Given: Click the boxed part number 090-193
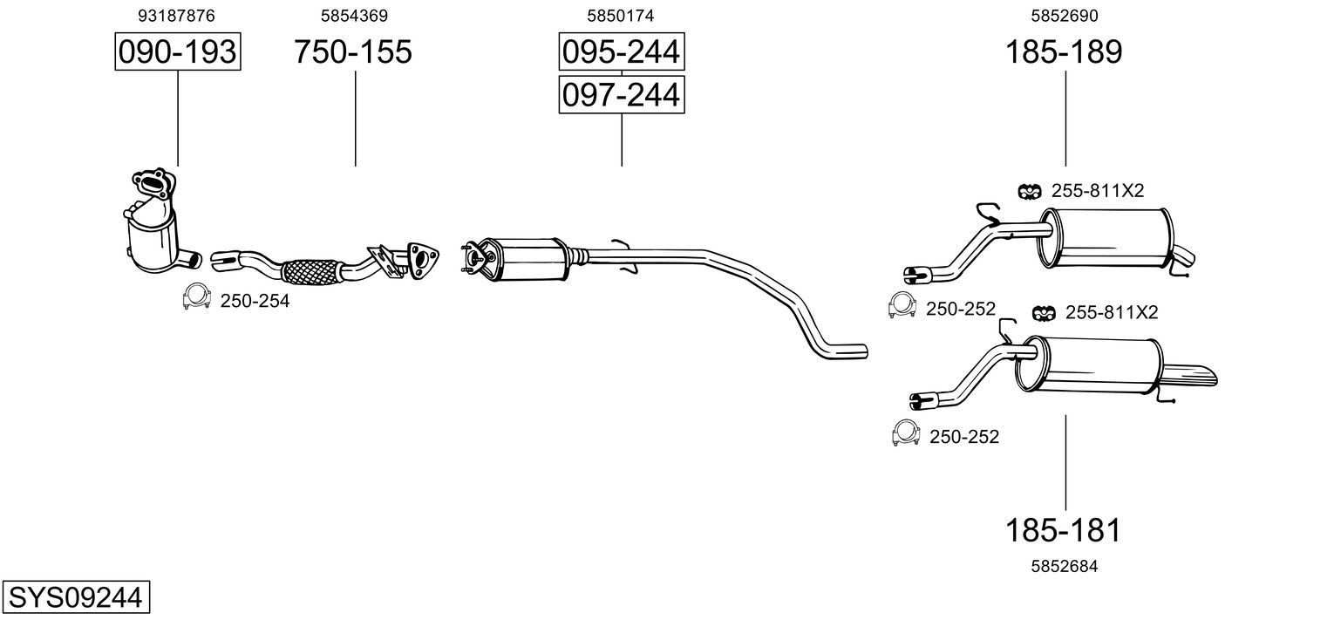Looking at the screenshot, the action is point(178,51).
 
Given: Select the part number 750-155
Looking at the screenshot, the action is point(352,51).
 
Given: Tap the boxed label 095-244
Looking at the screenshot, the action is point(621,51).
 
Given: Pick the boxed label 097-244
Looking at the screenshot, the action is point(621,95).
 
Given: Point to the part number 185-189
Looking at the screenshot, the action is point(1064,51).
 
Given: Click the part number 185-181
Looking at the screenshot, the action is point(1063,530).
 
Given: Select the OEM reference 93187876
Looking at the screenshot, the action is point(176,16).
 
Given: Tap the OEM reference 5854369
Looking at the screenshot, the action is point(354,16).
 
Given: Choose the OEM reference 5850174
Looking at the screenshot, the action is point(621,16).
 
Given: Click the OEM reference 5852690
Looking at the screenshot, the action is point(1065,16).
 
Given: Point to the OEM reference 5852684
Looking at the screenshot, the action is point(1065,566).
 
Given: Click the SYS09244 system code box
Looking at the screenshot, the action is point(76,596).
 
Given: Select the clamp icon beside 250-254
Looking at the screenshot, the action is point(196,296).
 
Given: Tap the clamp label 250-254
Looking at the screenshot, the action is point(255,302).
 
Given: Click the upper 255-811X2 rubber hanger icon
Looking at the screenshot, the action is point(1030,191).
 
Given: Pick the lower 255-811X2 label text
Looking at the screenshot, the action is point(1112,312).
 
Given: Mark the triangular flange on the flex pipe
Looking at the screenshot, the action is point(422,260).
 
